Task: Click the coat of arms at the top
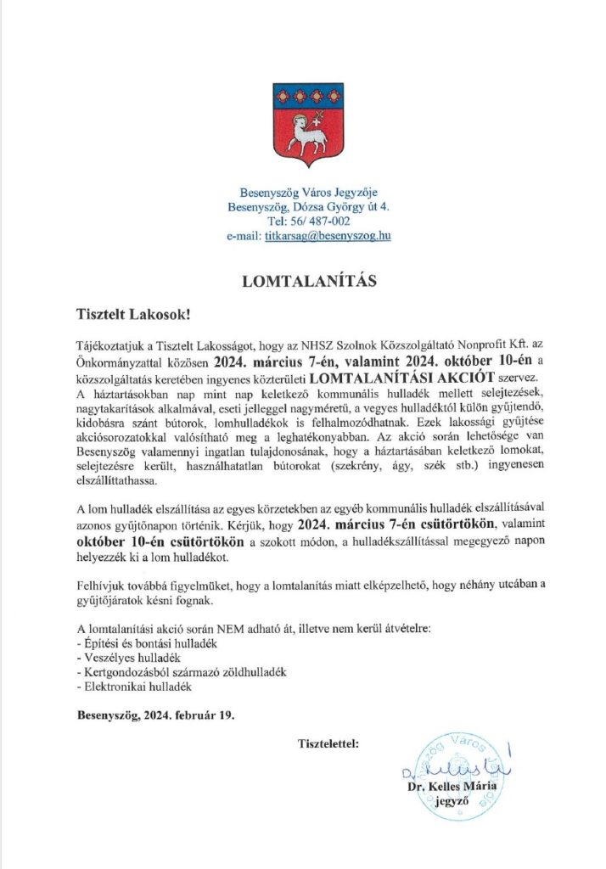[x=302, y=122]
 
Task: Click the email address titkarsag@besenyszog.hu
[x=328, y=237]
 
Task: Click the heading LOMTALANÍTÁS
[x=303, y=278]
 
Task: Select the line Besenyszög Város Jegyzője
[x=303, y=191]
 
